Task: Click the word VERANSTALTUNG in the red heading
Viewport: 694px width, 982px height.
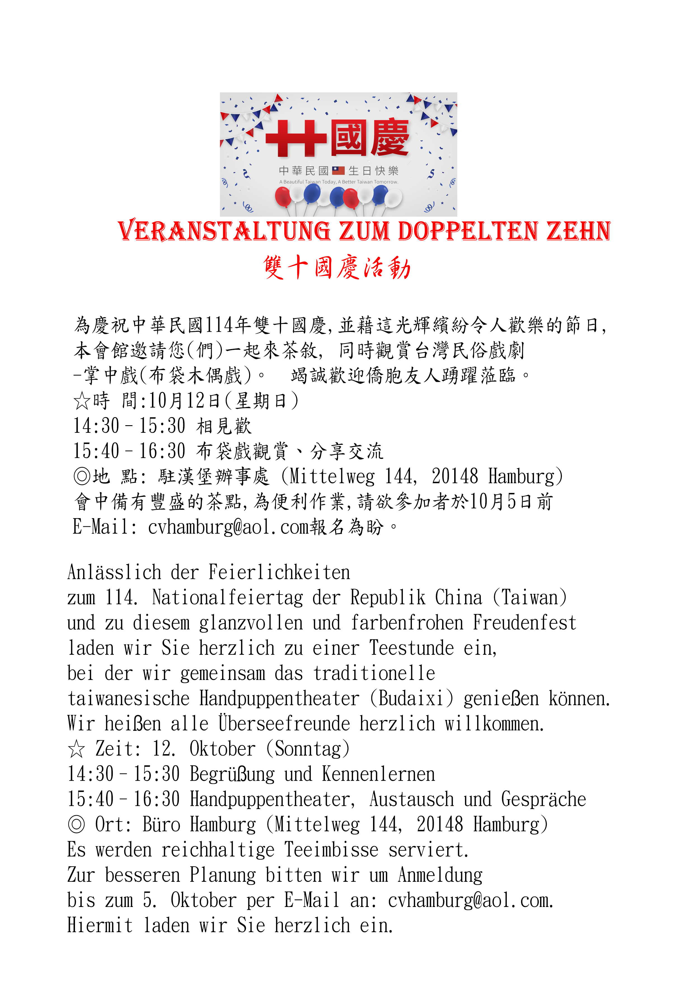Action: (x=224, y=232)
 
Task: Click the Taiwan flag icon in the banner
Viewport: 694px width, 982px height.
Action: (x=338, y=171)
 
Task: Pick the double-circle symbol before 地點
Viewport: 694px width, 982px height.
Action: (x=82, y=476)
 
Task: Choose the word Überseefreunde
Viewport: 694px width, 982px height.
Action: (x=284, y=724)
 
